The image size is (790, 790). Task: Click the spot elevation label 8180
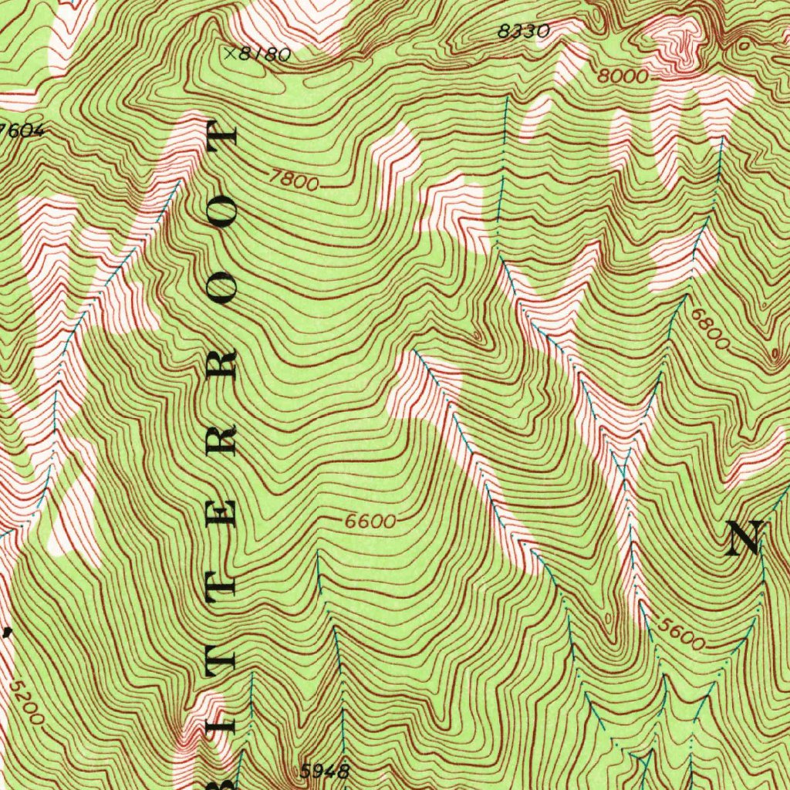point(266,55)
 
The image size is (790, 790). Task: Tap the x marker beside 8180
point(230,53)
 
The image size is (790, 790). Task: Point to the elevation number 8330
point(523,32)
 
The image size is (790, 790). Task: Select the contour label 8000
point(622,77)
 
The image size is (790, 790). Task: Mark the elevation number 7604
point(21,130)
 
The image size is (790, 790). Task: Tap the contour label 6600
point(370,522)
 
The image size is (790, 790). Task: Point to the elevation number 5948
point(325,770)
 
